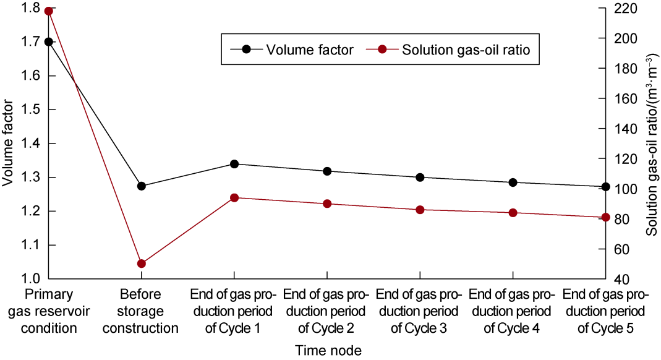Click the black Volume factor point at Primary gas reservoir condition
point(48,42)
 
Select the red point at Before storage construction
point(141,264)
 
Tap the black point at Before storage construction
point(141,186)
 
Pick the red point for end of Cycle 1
point(234,198)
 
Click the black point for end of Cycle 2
point(327,171)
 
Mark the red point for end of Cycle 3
point(420,210)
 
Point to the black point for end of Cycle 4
point(513,182)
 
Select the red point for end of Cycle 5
point(606,217)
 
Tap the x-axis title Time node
point(327,351)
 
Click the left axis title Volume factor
point(8,144)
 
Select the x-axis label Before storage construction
point(141,311)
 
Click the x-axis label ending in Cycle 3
point(420,311)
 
